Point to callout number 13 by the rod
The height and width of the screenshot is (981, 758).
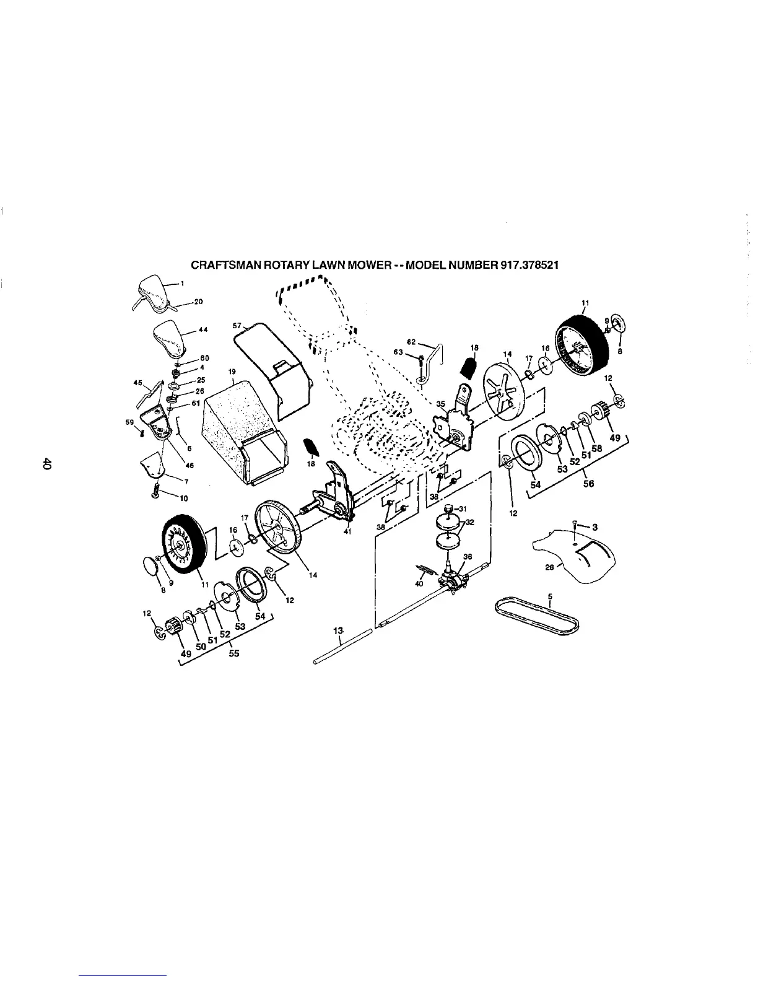click(338, 630)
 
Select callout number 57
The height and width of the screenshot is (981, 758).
click(236, 325)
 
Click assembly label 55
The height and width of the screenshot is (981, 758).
click(234, 653)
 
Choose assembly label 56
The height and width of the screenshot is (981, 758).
click(588, 484)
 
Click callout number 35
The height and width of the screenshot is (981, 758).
click(440, 404)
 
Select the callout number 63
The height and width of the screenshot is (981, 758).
click(399, 352)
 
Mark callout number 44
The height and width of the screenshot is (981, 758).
click(203, 330)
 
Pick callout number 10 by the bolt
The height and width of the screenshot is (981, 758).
click(184, 497)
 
